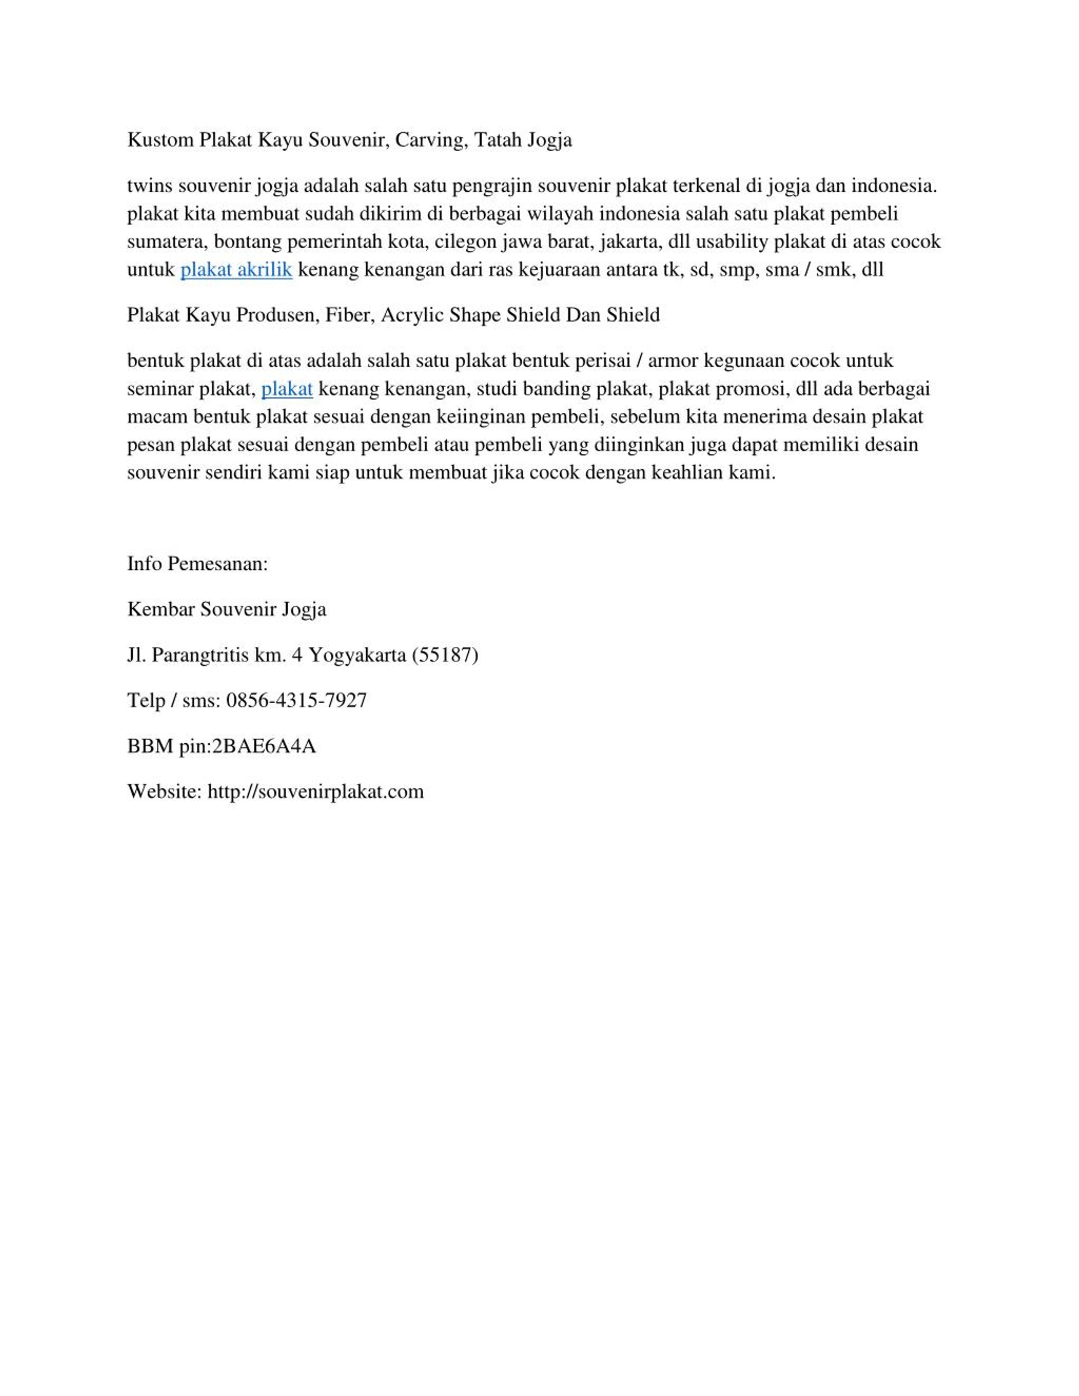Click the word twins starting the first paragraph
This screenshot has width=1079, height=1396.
[150, 186]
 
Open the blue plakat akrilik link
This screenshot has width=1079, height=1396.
[236, 270]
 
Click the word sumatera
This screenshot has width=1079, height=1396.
[167, 241]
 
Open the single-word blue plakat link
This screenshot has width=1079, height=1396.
[287, 389]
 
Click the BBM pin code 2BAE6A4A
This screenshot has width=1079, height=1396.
[264, 746]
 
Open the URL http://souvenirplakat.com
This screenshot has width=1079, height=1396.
[316, 792]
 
